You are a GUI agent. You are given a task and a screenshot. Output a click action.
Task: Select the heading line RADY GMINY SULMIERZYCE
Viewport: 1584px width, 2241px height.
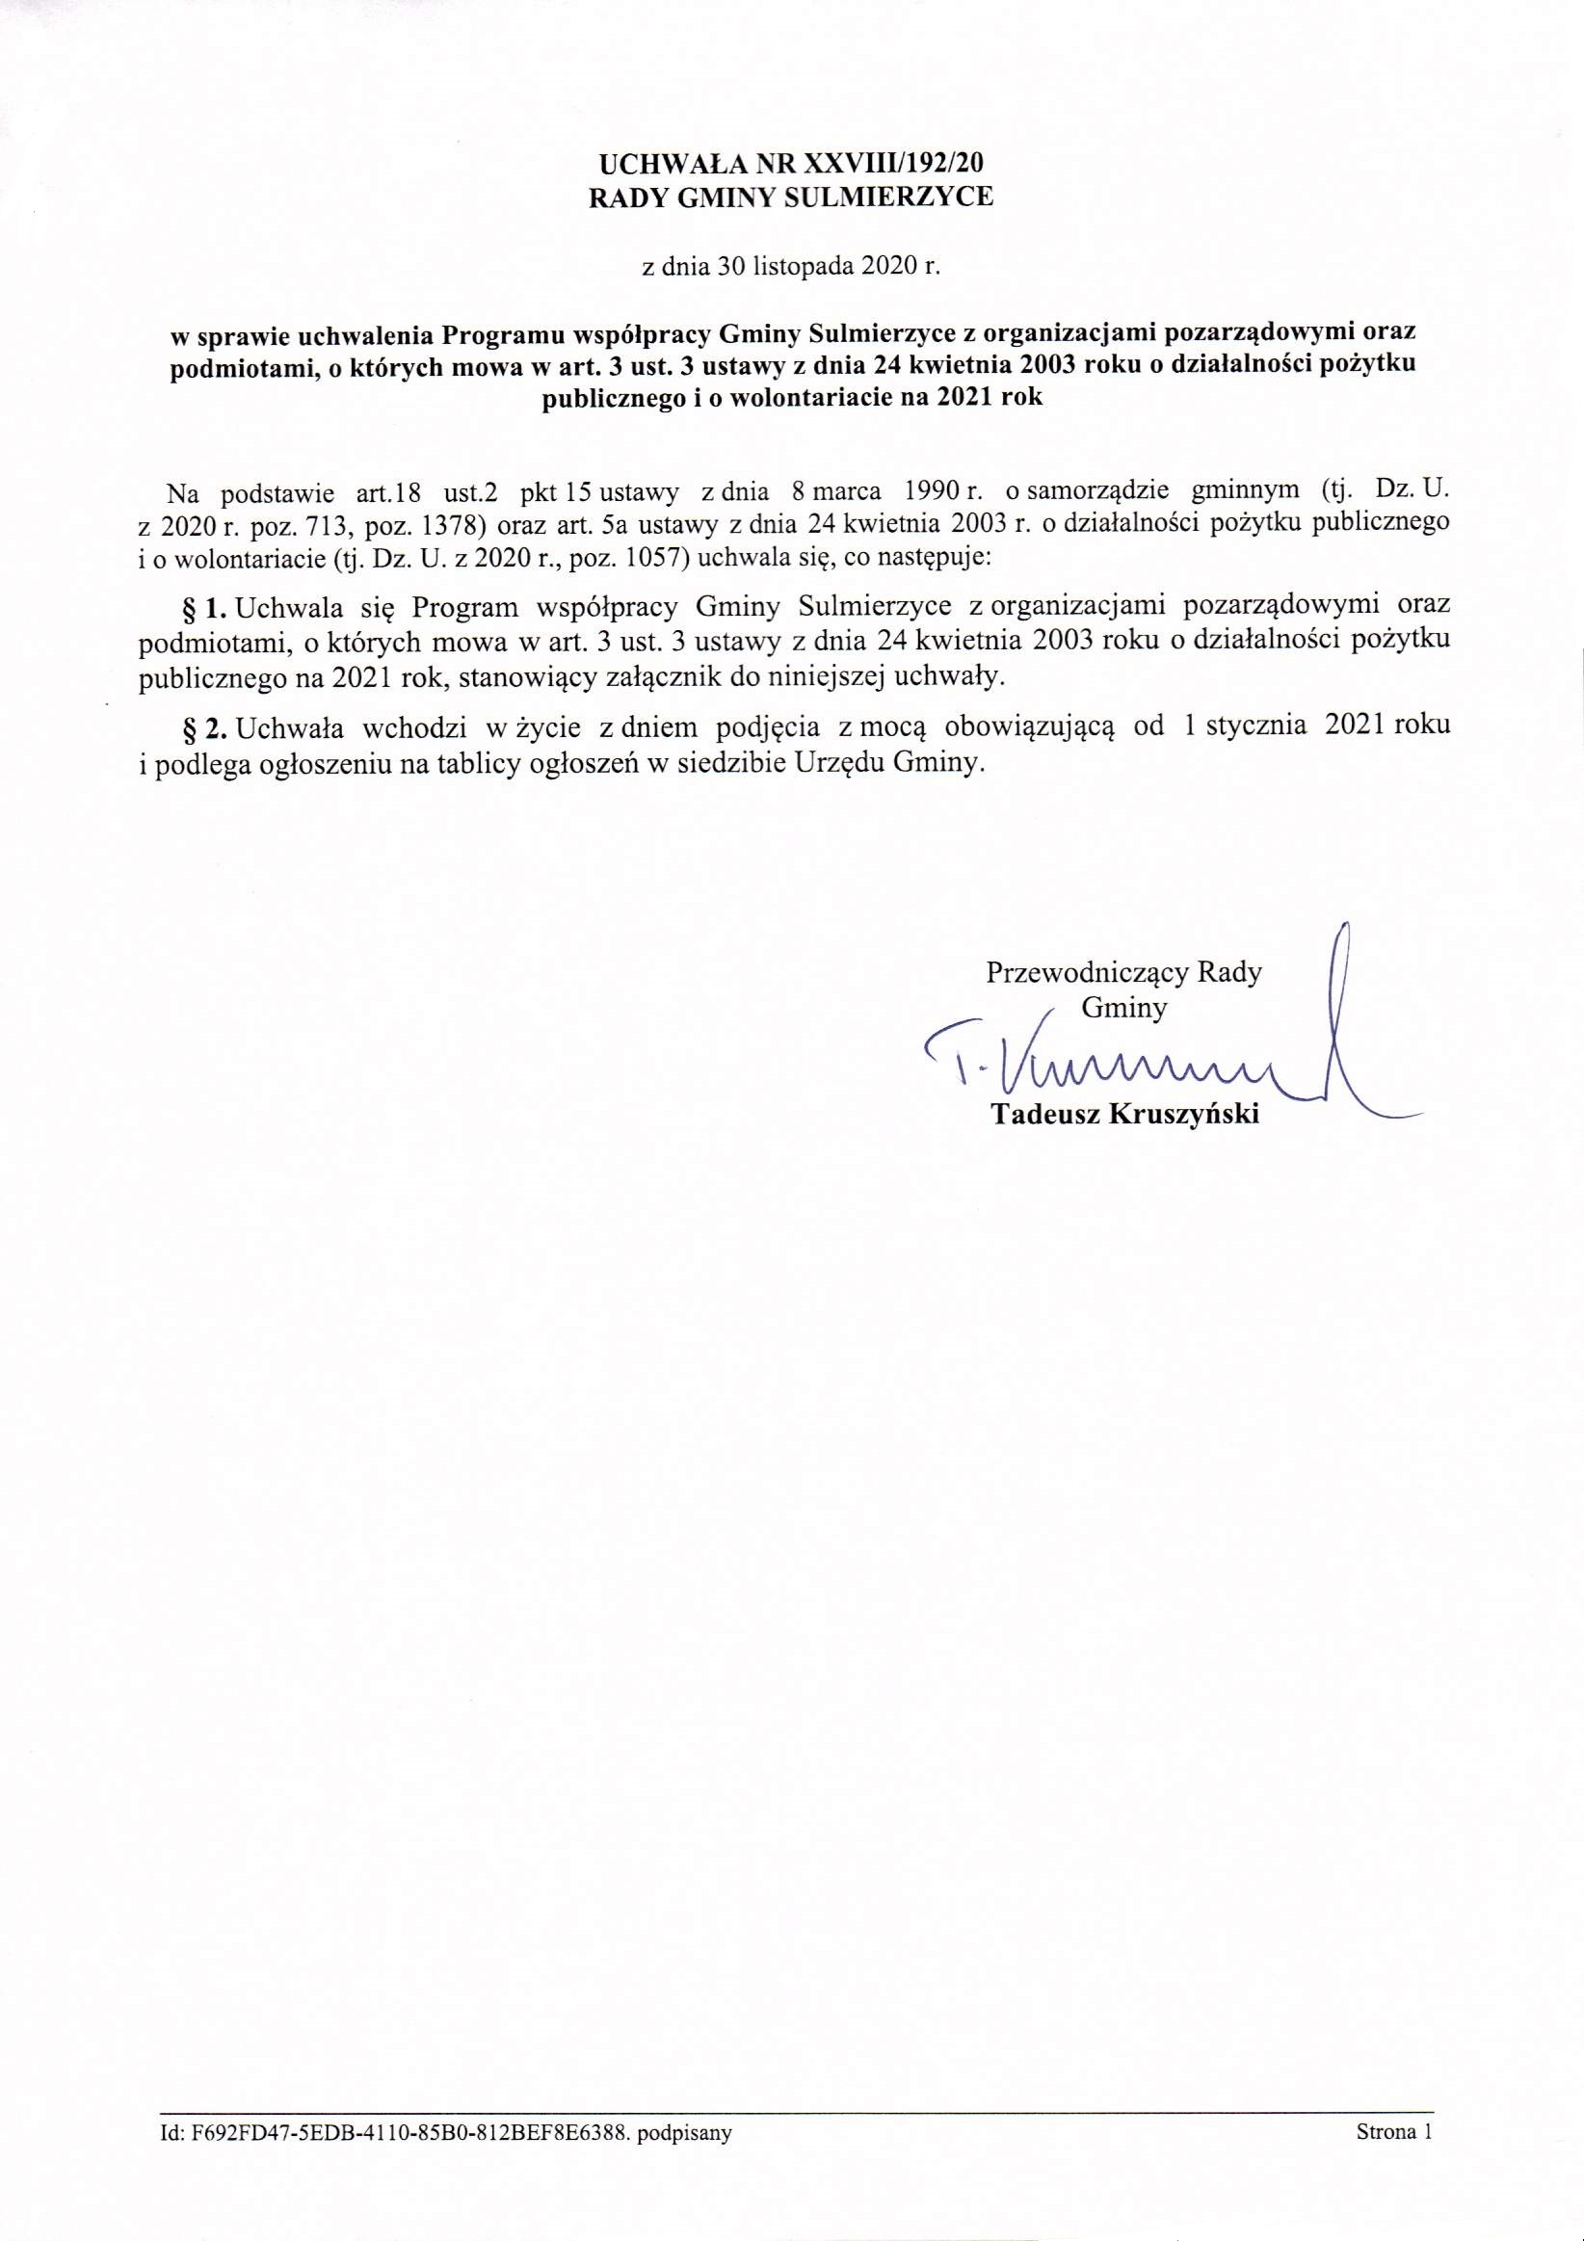coord(790,198)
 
